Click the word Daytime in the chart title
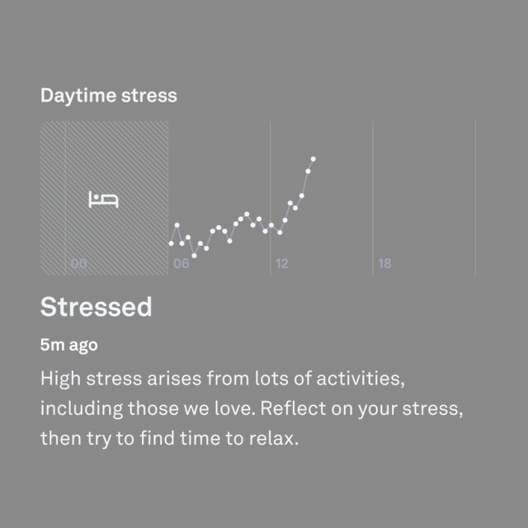tap(79, 96)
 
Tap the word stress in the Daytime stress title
tap(149, 96)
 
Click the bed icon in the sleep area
tap(103, 200)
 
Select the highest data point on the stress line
tap(313, 159)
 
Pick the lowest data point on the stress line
tap(194, 256)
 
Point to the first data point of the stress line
tap(171, 243)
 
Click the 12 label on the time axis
tap(282, 264)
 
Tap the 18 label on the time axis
tap(384, 264)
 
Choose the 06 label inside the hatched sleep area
tap(79, 264)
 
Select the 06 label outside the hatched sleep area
tap(181, 264)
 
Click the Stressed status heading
tap(96, 307)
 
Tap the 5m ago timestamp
tap(69, 345)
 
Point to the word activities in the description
tap(361, 379)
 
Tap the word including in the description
tap(82, 409)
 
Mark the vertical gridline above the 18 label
tap(373, 198)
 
